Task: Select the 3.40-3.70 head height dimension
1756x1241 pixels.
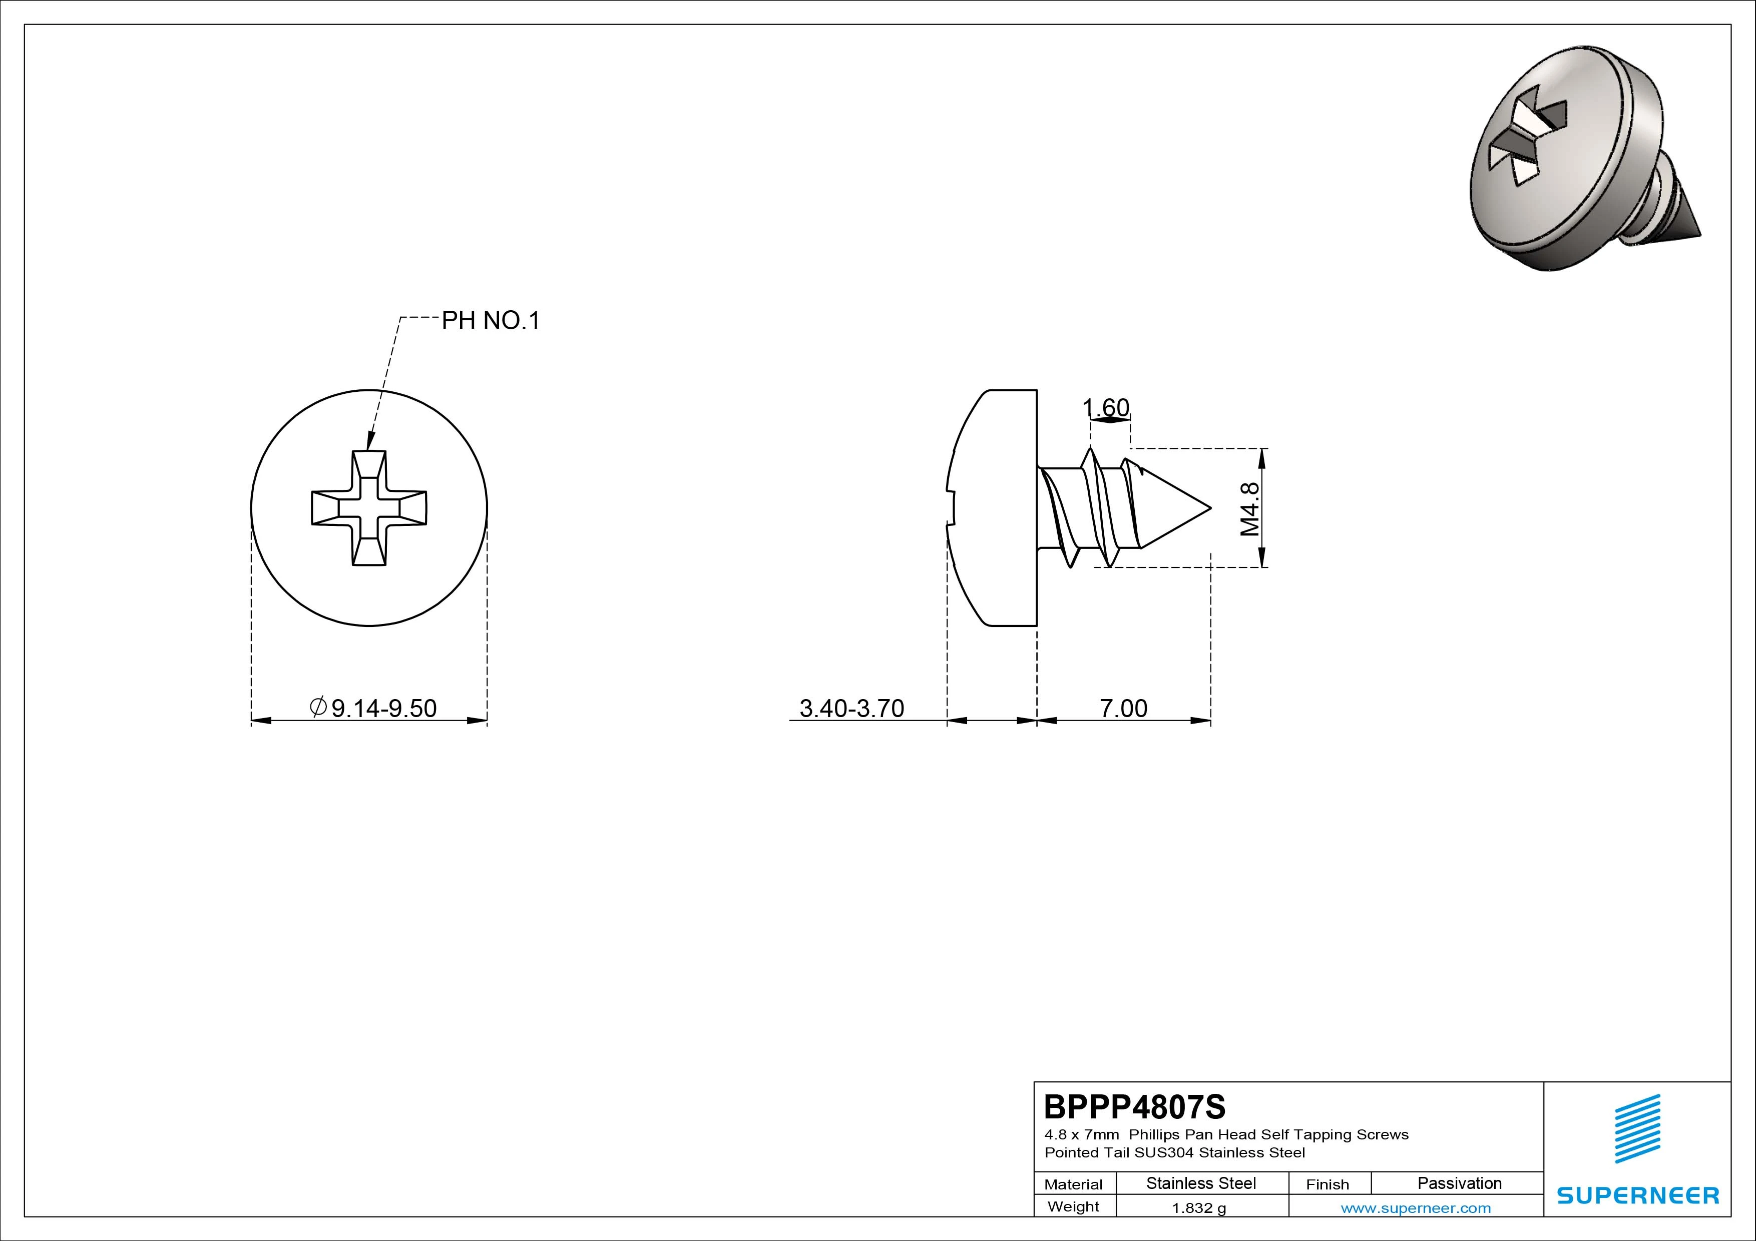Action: (852, 708)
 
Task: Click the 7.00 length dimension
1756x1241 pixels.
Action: (1123, 708)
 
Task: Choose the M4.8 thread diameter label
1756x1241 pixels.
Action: (1250, 508)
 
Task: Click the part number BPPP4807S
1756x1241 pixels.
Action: (1134, 1106)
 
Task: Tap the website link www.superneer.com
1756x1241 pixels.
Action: (1416, 1208)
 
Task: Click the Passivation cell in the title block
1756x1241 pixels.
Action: (1459, 1183)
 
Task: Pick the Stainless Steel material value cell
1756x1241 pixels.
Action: (1201, 1183)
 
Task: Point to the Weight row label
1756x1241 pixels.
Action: (1073, 1206)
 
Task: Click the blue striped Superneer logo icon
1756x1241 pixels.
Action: (1637, 1128)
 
